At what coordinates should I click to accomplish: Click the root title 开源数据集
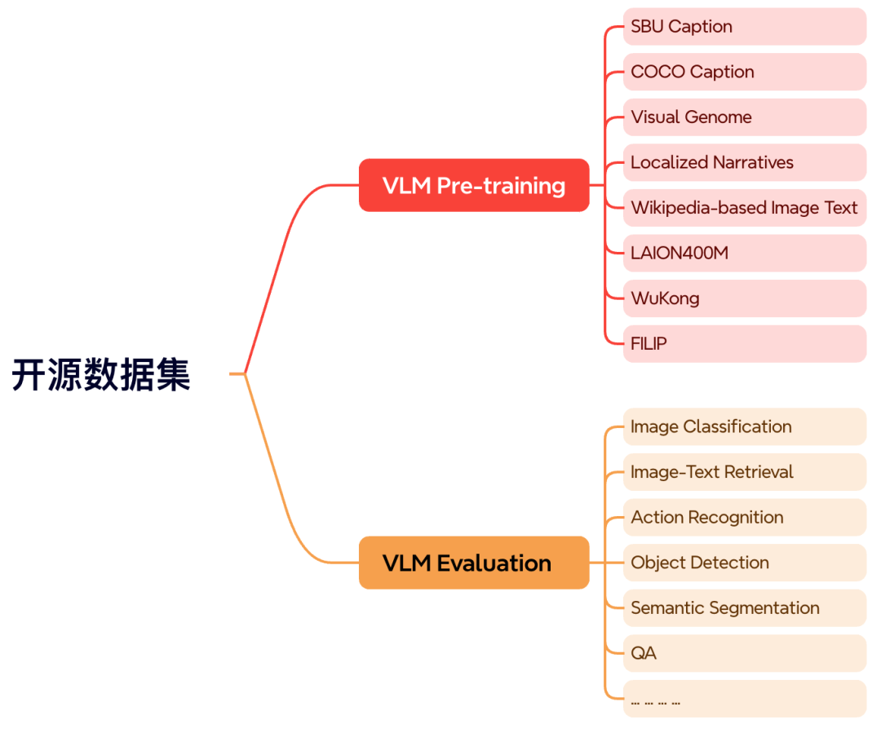101,375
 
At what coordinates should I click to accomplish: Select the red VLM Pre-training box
474,186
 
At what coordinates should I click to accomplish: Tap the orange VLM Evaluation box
474,563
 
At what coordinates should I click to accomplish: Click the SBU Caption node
744,27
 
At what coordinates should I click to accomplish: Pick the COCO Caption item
744,72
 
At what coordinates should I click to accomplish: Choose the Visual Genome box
744,117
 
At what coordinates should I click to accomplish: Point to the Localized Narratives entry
744,162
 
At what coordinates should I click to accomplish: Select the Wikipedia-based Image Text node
744,208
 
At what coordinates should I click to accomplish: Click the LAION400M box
744,253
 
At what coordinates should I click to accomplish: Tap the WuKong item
744,298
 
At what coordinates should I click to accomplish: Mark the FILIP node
744,343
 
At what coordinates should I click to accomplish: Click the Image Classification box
744,426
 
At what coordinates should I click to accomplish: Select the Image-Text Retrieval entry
744,472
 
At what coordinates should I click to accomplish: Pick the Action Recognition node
744,517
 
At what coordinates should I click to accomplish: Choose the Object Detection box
744,563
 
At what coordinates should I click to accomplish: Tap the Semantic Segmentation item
744,607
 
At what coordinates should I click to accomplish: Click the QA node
744,653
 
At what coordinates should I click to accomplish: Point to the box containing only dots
744,699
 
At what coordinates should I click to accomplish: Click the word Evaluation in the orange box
494,563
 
